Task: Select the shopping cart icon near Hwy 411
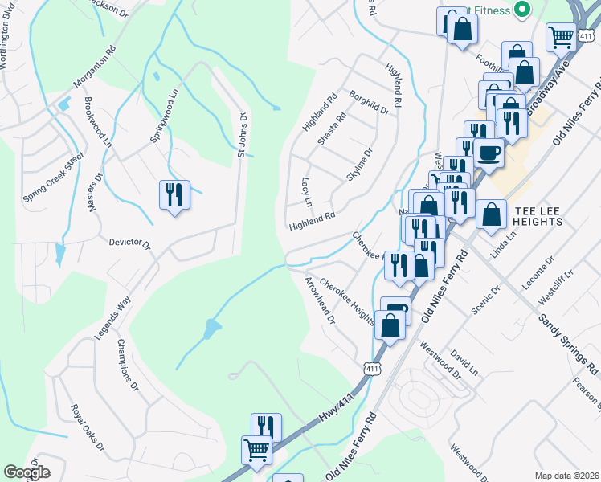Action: coord(256,450)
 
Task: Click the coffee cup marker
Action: coord(488,152)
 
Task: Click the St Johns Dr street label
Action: coord(241,134)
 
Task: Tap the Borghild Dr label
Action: coord(369,104)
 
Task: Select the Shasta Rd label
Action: coord(331,128)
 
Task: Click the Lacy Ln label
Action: coord(306,191)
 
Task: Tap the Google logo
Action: coord(27,472)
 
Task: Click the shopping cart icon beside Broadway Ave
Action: coord(561,36)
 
